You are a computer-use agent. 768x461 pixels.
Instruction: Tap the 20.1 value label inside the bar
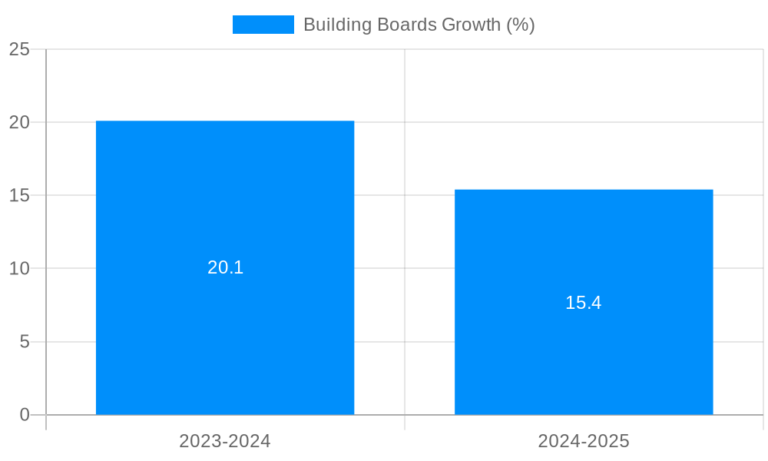[x=225, y=267]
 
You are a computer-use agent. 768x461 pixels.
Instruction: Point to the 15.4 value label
[x=584, y=303]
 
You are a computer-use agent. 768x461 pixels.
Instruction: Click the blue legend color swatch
[x=263, y=25]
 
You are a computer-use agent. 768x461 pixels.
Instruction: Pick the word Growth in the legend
[x=471, y=25]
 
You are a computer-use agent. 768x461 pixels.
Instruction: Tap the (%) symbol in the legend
[x=521, y=25]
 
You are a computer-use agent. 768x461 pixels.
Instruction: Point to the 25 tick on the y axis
[x=19, y=50]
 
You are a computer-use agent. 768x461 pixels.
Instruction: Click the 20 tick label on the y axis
[x=19, y=122]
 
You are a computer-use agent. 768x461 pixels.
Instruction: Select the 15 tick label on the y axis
[x=19, y=195]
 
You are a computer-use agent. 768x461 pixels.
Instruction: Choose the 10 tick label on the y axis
[x=19, y=269]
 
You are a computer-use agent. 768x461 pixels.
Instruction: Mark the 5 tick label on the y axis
[x=25, y=342]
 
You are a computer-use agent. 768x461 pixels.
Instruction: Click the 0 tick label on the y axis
[x=25, y=415]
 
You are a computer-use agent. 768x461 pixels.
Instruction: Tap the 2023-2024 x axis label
[x=225, y=441]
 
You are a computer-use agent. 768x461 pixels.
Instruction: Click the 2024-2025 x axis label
[x=584, y=441]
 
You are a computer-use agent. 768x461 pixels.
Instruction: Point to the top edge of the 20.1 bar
[x=225, y=121]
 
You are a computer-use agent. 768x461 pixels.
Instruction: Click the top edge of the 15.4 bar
[x=584, y=190]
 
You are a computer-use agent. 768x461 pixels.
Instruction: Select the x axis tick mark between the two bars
[x=405, y=423]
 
